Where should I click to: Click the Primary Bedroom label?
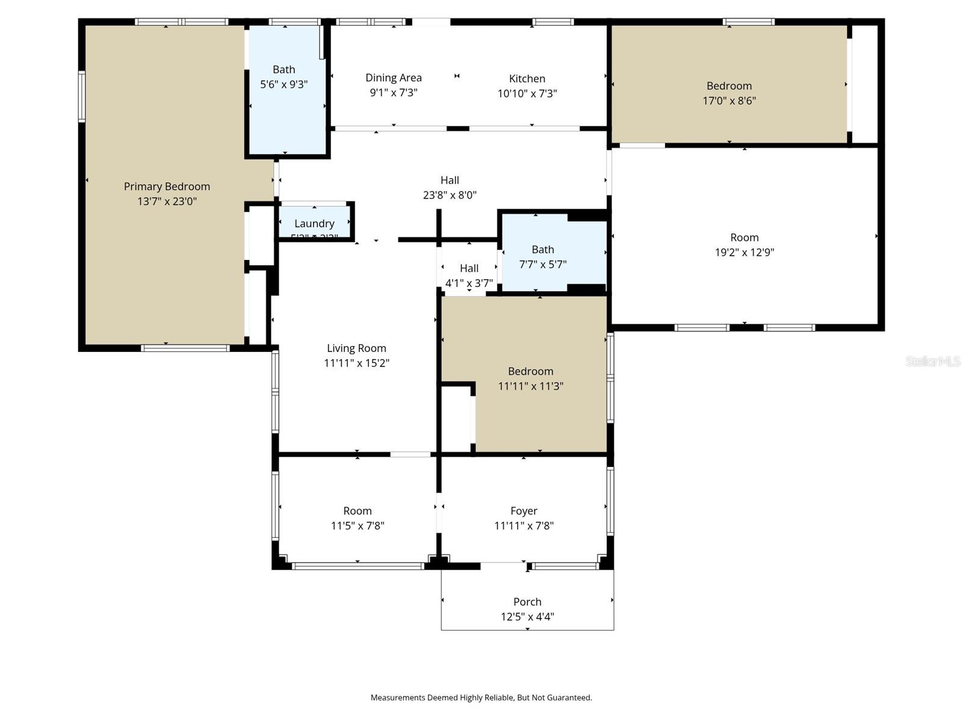(x=167, y=187)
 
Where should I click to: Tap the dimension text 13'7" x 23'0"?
(x=167, y=202)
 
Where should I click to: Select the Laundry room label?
(x=314, y=223)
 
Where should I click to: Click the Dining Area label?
(x=394, y=78)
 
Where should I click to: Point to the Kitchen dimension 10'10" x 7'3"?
(x=527, y=94)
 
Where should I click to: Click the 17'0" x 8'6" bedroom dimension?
(x=729, y=101)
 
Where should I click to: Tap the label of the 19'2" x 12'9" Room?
(x=744, y=238)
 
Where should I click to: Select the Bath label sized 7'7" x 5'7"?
(x=542, y=249)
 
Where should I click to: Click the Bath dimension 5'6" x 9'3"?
(x=283, y=85)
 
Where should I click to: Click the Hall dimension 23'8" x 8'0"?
(x=450, y=195)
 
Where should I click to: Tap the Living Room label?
(x=356, y=348)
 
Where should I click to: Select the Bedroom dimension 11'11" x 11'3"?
(x=530, y=386)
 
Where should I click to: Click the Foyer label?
(x=524, y=511)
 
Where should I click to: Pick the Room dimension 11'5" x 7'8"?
(x=358, y=526)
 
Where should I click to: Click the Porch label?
(x=527, y=602)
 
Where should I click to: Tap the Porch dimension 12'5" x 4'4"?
(x=527, y=617)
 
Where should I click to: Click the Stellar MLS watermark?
(x=932, y=361)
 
